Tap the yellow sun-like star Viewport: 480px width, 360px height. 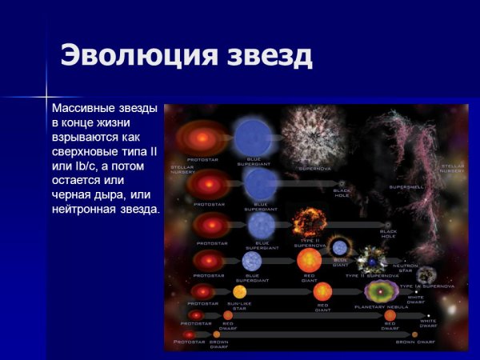[239, 292]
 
